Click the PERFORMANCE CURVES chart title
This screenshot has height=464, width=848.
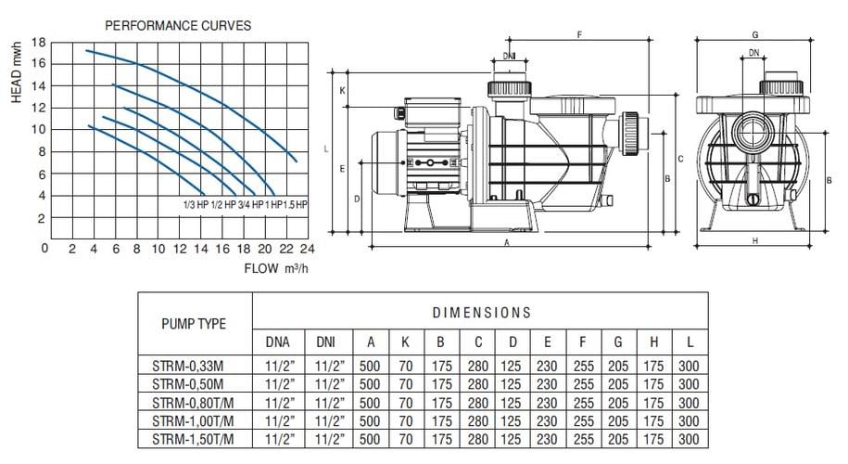click(x=178, y=25)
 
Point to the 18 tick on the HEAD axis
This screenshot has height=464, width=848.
click(x=38, y=43)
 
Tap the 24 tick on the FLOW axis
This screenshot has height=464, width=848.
click(x=307, y=249)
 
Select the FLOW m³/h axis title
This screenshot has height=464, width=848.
click(x=276, y=268)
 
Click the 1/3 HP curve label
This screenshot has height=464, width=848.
click(x=196, y=205)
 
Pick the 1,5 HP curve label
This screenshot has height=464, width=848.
click(x=296, y=205)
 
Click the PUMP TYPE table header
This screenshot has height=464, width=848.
click(x=194, y=324)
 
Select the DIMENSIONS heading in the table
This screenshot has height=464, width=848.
click(x=481, y=313)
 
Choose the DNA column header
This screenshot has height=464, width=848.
click(x=277, y=342)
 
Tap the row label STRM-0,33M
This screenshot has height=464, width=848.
click(x=187, y=366)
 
